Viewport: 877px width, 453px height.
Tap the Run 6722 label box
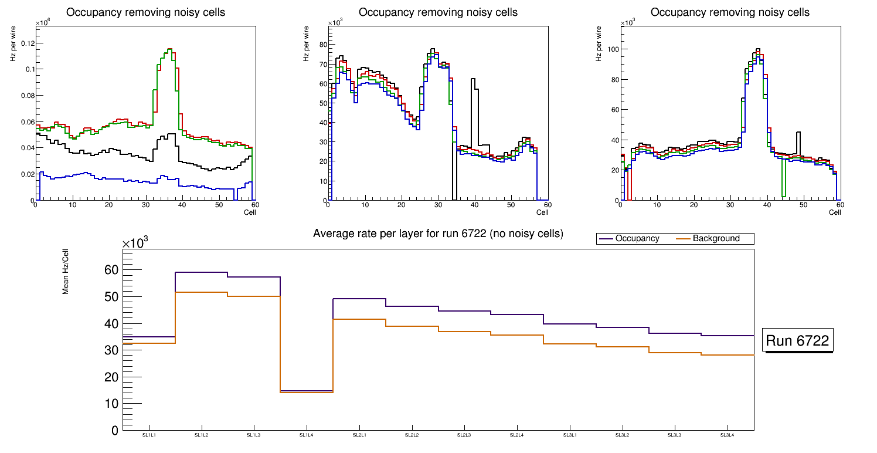point(797,341)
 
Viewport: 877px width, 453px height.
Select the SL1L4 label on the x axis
point(307,435)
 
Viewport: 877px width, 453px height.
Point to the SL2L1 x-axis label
point(359,435)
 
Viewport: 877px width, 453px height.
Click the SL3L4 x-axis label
point(728,435)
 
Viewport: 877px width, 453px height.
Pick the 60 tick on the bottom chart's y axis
point(111,271)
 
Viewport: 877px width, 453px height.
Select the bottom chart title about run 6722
point(438,234)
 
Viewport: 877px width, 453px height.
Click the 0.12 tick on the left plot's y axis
point(27,43)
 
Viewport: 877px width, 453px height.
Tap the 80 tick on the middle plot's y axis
point(321,44)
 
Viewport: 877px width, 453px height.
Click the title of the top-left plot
point(145,12)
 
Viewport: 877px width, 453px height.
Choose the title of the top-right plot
point(730,12)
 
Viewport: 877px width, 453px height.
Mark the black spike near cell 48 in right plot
point(798,134)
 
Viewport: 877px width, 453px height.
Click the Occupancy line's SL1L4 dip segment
point(307,391)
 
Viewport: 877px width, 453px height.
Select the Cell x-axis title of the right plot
point(835,212)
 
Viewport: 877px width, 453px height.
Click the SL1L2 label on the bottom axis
point(202,435)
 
